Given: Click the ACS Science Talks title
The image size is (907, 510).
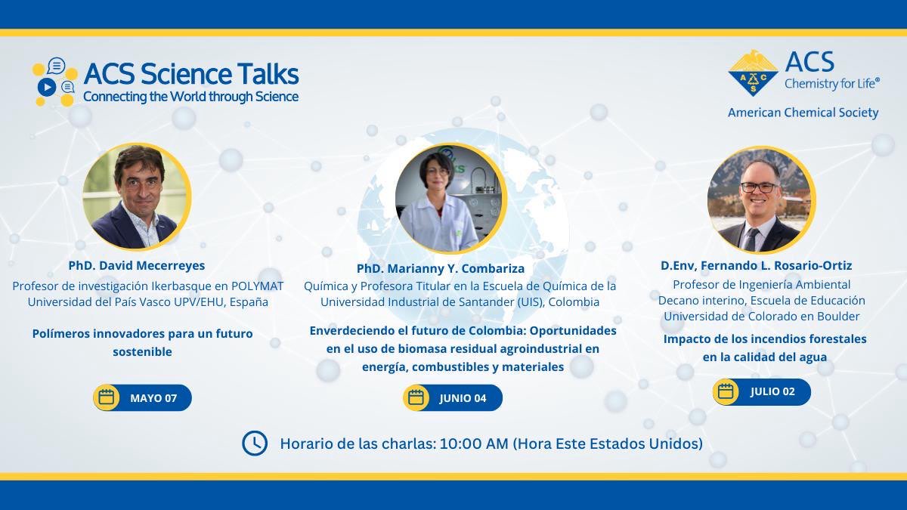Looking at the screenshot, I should [190, 73].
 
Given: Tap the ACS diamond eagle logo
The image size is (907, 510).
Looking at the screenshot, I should [753, 73].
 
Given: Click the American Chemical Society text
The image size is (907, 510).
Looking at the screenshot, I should [803, 113].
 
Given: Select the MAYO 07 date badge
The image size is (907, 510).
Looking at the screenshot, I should [143, 398].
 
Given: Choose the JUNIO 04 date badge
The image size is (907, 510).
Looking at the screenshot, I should [452, 398].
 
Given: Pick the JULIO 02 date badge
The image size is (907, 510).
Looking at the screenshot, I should [762, 391].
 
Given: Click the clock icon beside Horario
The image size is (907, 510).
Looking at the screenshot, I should [255, 444].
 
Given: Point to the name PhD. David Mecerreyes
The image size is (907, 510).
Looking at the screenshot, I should [137, 266].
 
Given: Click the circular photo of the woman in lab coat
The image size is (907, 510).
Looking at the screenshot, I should [449, 199].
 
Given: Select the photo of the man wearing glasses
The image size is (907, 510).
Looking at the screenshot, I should [759, 199].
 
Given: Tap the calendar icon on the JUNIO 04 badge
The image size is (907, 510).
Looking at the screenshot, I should [416, 398].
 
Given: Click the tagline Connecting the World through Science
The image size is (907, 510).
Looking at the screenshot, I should [190, 97].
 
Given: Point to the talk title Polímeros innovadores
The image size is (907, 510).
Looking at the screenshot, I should [143, 333].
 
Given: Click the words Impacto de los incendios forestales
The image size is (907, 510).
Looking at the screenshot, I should [765, 338].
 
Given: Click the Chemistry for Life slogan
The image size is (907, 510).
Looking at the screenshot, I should [831, 84].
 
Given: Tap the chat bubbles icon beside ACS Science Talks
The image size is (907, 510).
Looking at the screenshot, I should [54, 81].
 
